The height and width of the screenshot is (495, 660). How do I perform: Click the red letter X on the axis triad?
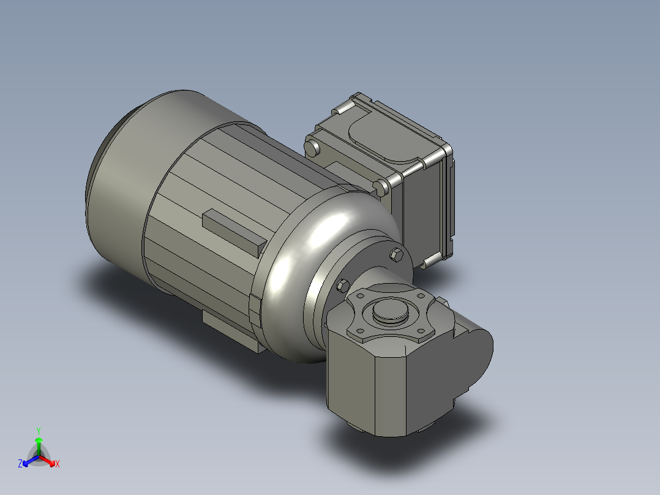(57, 464)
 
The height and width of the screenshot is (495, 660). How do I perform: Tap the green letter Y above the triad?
(39, 431)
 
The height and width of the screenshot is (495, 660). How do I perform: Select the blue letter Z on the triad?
(20, 464)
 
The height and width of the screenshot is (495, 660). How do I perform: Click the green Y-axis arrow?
(39, 444)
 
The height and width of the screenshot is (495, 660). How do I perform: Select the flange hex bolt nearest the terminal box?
(397, 255)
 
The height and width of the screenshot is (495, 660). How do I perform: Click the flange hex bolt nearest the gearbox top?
(342, 285)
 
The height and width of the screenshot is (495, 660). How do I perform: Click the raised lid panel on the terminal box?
(380, 135)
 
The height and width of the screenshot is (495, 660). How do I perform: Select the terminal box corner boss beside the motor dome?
(382, 186)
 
